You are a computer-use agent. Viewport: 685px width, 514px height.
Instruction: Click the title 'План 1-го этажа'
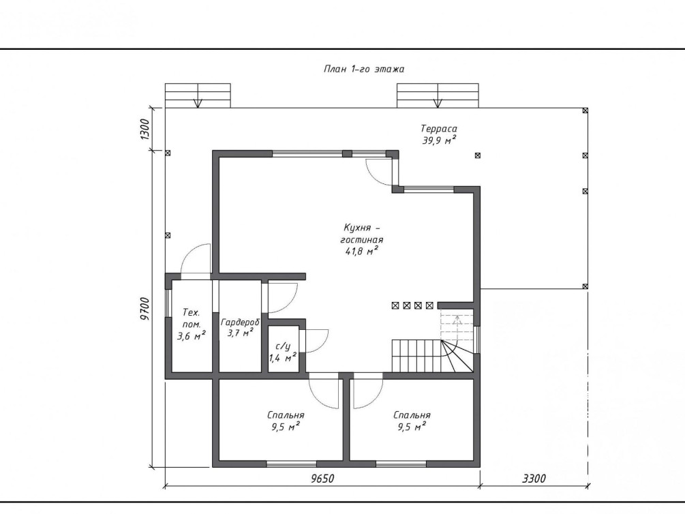[x=364, y=69]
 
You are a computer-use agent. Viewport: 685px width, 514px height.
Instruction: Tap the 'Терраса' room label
[x=439, y=128]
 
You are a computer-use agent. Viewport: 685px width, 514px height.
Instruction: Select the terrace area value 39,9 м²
[x=439, y=140]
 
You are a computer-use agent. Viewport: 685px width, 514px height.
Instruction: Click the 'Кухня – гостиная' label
[x=362, y=233]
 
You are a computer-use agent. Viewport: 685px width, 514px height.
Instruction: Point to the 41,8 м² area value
[x=362, y=252]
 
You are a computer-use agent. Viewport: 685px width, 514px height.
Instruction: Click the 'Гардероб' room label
[x=240, y=322]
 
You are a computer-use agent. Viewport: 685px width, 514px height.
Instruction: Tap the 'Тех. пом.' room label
[x=192, y=318]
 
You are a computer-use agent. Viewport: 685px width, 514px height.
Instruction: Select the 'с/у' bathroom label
[x=283, y=346]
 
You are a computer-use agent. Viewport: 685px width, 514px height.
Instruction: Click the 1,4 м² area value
[x=283, y=358]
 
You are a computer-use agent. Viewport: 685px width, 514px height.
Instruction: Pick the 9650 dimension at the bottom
[x=322, y=479]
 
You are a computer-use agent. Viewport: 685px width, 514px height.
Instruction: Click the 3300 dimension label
[x=534, y=479]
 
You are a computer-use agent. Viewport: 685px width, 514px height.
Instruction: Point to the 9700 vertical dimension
[x=145, y=309]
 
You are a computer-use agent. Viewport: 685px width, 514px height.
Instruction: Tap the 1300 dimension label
[x=145, y=129]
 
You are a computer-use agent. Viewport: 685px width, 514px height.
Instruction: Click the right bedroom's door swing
[x=368, y=391]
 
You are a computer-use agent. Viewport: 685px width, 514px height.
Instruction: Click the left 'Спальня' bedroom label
[x=286, y=415]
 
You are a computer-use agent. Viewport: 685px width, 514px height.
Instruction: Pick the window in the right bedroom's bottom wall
[x=401, y=464]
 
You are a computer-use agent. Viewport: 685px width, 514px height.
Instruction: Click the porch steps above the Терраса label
[x=438, y=95]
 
